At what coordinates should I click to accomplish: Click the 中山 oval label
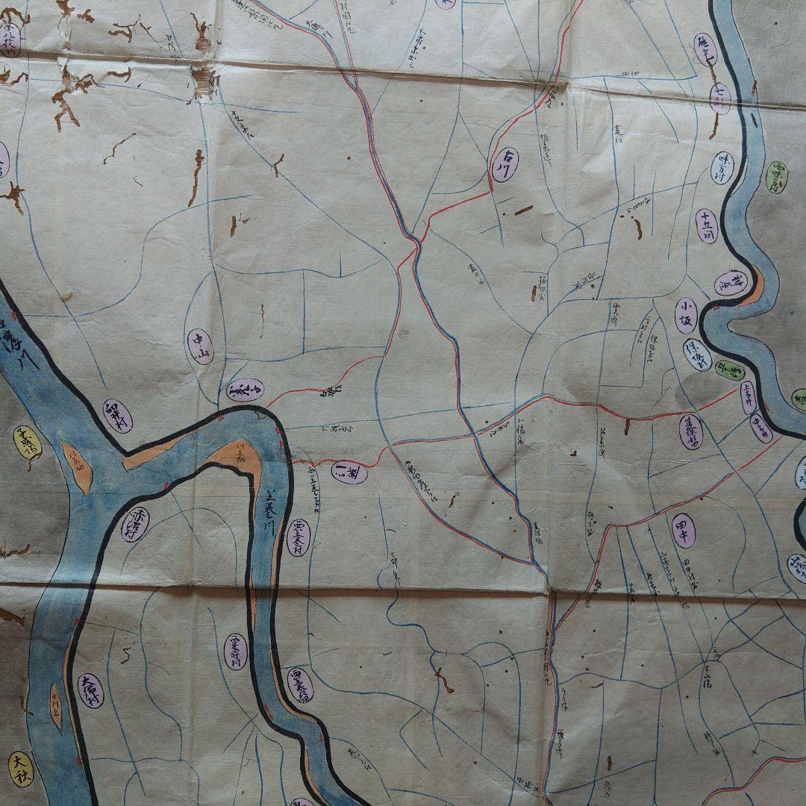coord(200,346)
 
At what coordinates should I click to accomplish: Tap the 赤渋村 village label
coord(135,524)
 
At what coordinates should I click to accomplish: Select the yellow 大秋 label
coord(22,769)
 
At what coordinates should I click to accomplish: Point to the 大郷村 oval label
coord(90,691)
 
